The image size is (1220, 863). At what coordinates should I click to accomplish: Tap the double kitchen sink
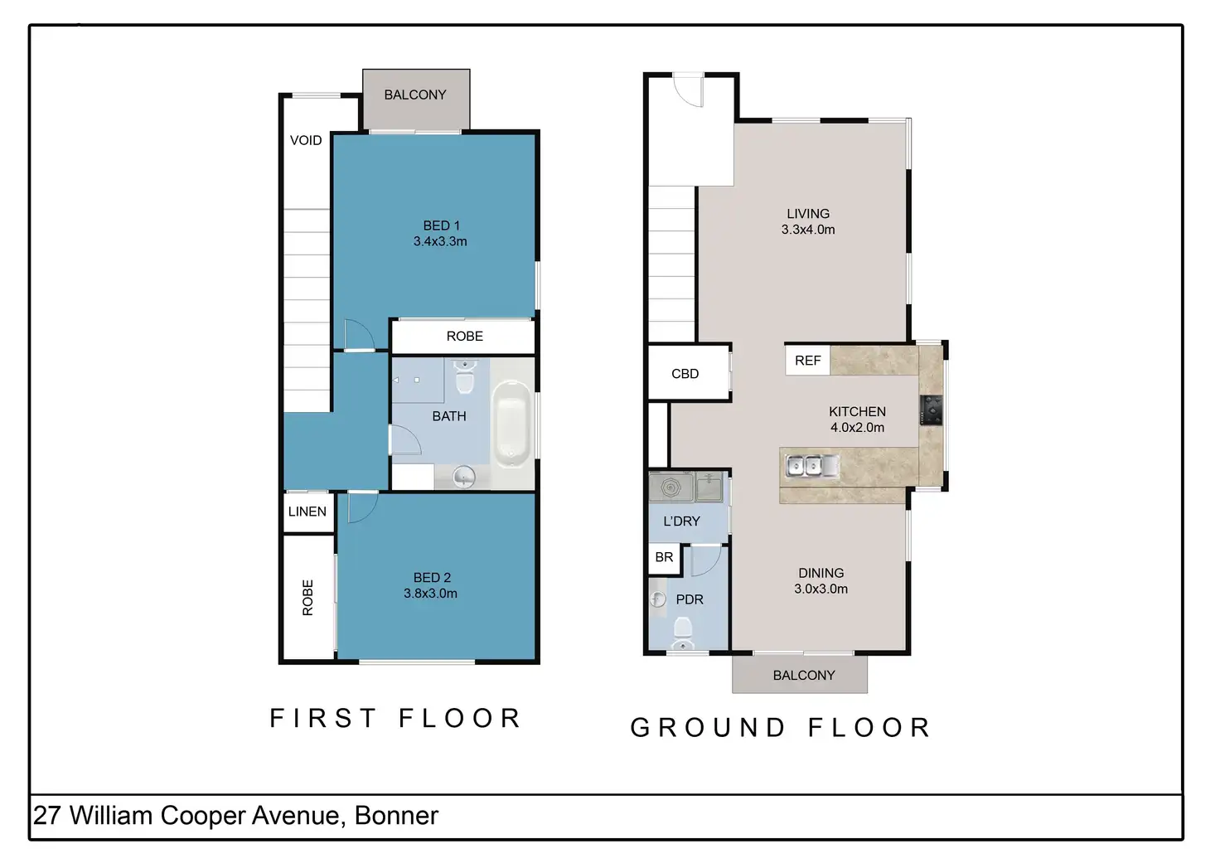pos(812,467)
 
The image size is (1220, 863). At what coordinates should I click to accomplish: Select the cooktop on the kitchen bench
pos(931,410)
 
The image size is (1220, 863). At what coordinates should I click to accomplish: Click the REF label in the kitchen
pos(807,360)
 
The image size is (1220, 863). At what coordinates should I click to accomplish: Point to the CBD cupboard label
pos(685,374)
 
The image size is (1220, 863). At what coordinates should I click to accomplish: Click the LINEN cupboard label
pos(307,511)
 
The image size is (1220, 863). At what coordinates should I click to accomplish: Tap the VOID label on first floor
pos(306,141)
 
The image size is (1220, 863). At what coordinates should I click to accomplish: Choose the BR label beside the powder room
pos(664,557)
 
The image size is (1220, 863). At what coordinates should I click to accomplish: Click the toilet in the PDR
pos(683,633)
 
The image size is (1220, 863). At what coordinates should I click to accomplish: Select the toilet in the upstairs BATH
pos(465,376)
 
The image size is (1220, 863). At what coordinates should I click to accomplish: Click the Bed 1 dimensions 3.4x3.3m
pos(440,241)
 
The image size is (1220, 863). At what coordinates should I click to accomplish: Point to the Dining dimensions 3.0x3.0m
pos(821,589)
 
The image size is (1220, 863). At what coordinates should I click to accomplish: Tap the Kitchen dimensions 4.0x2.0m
pos(857,428)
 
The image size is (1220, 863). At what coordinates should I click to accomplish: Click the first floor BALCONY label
pos(415,95)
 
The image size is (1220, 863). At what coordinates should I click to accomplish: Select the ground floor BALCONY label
pos(804,676)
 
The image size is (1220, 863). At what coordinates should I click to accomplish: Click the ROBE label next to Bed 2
pos(307,598)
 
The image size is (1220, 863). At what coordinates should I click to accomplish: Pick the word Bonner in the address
pos(396,816)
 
